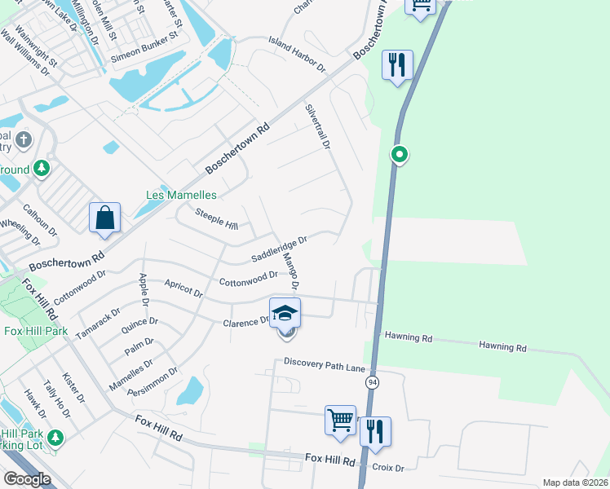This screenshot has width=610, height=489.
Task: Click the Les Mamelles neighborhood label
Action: coord(181,195)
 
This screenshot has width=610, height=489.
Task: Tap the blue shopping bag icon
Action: coord(104,218)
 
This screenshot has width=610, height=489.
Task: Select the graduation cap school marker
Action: coord(285,313)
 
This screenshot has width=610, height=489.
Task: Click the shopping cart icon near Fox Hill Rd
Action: coord(340,421)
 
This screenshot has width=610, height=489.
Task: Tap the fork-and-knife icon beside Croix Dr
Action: coord(375,432)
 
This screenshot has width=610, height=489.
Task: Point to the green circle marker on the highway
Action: coord(399,153)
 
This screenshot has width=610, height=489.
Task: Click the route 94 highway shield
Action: coord(372,382)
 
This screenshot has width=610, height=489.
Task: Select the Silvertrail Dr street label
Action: coord(317,126)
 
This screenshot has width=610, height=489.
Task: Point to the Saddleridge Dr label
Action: coord(279,249)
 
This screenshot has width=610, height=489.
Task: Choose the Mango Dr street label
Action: coord(290,271)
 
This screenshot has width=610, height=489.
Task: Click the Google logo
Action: coord(27,479)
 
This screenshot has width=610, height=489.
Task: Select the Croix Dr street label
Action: coord(387,468)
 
